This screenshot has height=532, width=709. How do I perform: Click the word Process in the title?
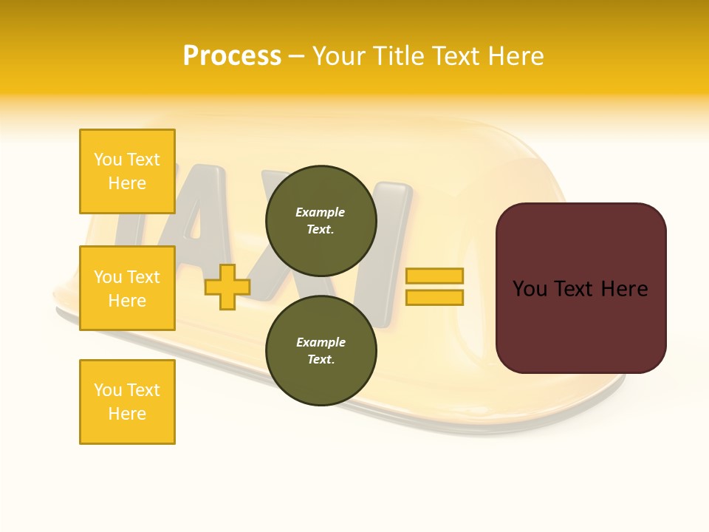pyautogui.click(x=232, y=56)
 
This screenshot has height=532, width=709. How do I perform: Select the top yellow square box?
pyautogui.click(x=127, y=171)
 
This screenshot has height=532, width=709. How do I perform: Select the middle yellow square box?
pyautogui.click(x=127, y=288)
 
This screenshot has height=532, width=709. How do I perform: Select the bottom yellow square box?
pyautogui.click(x=127, y=402)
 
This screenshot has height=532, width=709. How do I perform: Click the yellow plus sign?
pyautogui.click(x=227, y=287)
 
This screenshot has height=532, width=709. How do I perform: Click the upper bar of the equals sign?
pyautogui.click(x=434, y=276)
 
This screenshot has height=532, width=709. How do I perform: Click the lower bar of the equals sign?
pyautogui.click(x=434, y=298)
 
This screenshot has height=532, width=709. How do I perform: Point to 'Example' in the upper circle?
pyautogui.click(x=321, y=212)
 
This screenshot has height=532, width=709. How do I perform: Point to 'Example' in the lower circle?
pyautogui.click(x=321, y=342)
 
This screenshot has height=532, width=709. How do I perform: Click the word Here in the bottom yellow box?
pyautogui.click(x=127, y=414)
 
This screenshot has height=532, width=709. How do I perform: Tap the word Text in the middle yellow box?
pyautogui.click(x=143, y=277)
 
